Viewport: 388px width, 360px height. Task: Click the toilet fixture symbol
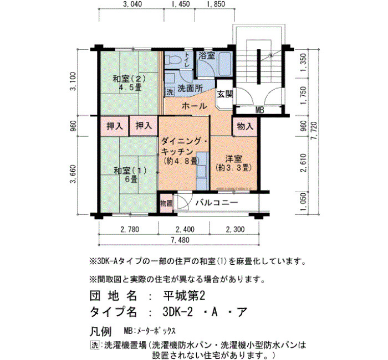[x=173, y=60]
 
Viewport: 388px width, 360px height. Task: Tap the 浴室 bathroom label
[x=207, y=55]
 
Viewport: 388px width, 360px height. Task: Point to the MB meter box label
[x=259, y=110]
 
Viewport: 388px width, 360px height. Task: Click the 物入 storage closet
[x=245, y=127]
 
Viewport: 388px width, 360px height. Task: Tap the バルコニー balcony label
[x=217, y=203]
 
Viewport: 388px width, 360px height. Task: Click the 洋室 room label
[x=233, y=158]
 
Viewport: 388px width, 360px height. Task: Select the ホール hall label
[x=194, y=106]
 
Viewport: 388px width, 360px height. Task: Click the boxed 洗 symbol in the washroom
[x=170, y=92]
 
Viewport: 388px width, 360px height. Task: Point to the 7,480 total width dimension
[x=180, y=240]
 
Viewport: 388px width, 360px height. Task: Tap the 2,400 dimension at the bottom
[x=185, y=229]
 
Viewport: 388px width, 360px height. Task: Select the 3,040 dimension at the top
[x=132, y=4]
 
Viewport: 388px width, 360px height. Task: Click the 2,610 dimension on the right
[x=304, y=163]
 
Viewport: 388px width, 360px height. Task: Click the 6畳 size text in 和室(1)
[x=131, y=179]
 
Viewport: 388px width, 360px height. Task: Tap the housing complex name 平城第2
[x=184, y=296]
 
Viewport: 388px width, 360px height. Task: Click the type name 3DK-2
[x=178, y=312]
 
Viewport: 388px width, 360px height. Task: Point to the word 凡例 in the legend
[x=100, y=331]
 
